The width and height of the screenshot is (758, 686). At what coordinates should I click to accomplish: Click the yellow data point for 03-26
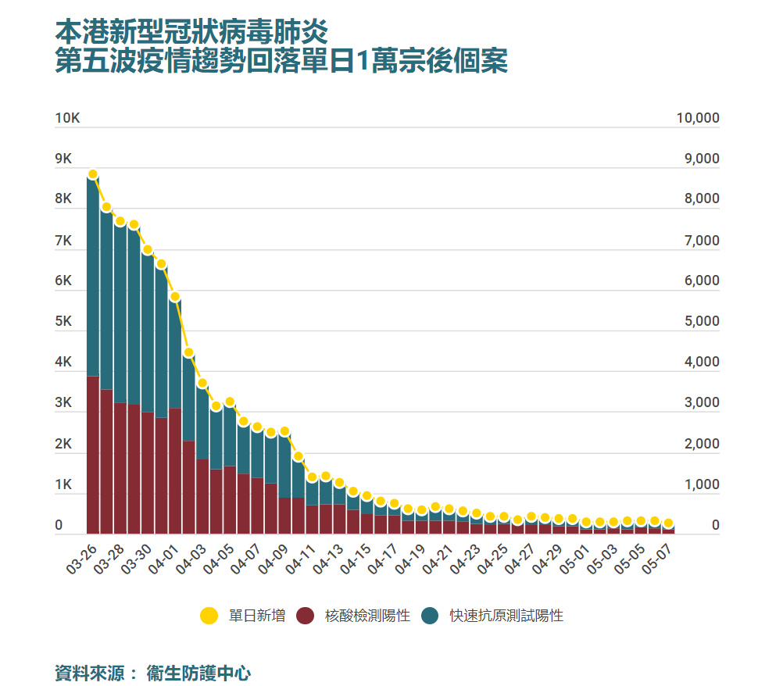coord(93,174)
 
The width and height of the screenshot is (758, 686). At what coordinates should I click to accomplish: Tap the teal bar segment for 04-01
coord(175,352)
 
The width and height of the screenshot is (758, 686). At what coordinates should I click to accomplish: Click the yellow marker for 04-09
coord(284,431)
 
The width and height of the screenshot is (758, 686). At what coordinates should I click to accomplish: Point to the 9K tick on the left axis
coord(63,159)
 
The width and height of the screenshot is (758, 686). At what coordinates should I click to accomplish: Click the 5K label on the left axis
coord(63,322)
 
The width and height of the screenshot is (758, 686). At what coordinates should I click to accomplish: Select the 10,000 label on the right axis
coord(697,119)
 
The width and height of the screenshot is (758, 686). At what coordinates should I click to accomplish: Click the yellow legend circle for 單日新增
coord(209,616)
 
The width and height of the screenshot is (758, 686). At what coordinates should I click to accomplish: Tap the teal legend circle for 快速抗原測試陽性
coord(430,616)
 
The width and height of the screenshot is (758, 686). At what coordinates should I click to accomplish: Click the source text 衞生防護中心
coord(198,672)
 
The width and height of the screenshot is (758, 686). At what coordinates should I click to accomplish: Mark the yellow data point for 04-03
coord(202,383)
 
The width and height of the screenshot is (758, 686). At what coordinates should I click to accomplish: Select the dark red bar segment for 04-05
coord(230,500)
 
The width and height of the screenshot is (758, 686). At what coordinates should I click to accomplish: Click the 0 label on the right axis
coord(715,527)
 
